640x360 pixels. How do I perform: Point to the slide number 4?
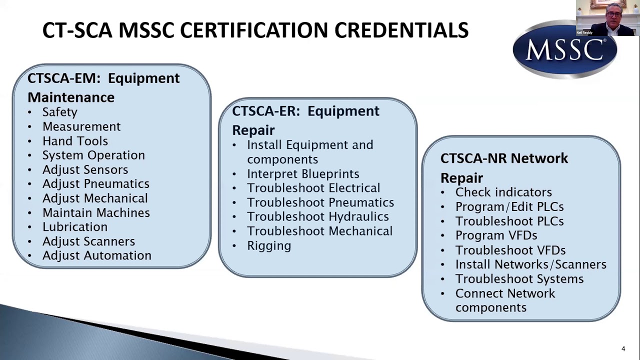pos(623,348)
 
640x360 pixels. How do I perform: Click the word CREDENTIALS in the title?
pos(401,30)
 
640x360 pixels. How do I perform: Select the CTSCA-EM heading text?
pos(103,87)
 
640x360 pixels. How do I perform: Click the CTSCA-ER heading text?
pos(305,120)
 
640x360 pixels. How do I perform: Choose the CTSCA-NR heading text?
pos(504,168)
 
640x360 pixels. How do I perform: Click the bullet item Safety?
pos(59,112)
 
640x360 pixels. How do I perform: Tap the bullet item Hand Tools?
pos(75,141)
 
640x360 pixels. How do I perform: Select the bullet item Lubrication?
pos(75,227)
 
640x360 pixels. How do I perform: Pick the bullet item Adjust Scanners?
pos(88,241)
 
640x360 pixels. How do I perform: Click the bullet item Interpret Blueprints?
pos(303,174)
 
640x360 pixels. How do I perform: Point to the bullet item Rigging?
pos(269,246)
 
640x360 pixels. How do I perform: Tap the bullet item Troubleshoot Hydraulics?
pos(318,217)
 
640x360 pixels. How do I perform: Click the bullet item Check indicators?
pos(503,192)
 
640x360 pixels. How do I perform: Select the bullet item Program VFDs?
pos(496,235)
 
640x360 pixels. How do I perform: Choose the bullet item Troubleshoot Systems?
pos(519,279)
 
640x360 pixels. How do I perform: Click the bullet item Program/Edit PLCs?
pos(509,207)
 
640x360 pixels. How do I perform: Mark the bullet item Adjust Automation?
pos(96,255)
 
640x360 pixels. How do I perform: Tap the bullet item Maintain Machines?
pos(96,213)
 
